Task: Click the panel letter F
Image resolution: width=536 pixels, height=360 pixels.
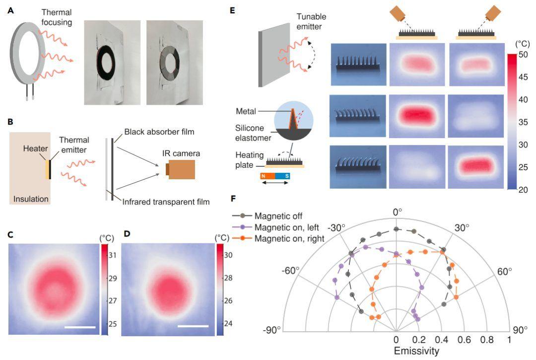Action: point(235,199)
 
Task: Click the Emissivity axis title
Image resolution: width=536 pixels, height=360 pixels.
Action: point(416,352)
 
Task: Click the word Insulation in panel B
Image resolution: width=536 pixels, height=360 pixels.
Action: point(31,199)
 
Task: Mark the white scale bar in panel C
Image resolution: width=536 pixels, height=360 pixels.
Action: point(79,327)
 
